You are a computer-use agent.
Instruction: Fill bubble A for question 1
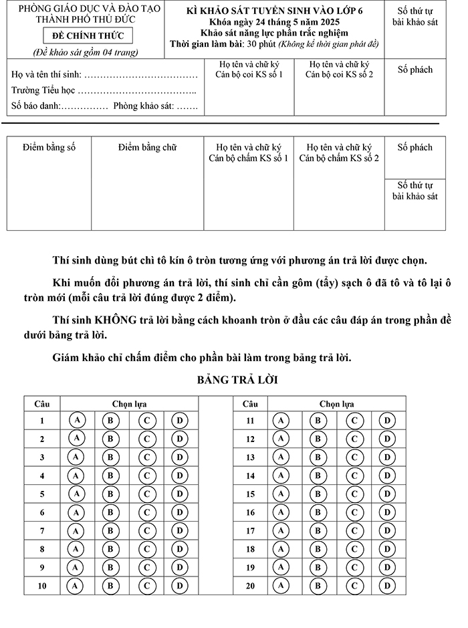(78, 420)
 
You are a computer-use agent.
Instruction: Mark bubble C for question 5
(147, 494)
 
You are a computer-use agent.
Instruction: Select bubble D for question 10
(180, 586)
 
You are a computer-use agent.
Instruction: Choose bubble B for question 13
(318, 457)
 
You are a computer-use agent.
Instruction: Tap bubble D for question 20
(387, 586)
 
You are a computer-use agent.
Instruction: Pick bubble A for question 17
(281, 530)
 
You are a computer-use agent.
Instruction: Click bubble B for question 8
(111, 549)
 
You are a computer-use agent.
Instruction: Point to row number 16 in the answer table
(250, 512)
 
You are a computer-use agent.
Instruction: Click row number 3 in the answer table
(42, 457)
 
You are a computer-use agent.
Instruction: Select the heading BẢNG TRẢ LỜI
(237, 380)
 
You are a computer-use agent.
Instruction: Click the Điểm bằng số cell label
(49, 147)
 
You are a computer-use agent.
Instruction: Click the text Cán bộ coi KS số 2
(339, 74)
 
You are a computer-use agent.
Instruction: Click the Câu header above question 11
(250, 404)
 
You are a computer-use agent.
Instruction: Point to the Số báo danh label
(35, 106)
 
